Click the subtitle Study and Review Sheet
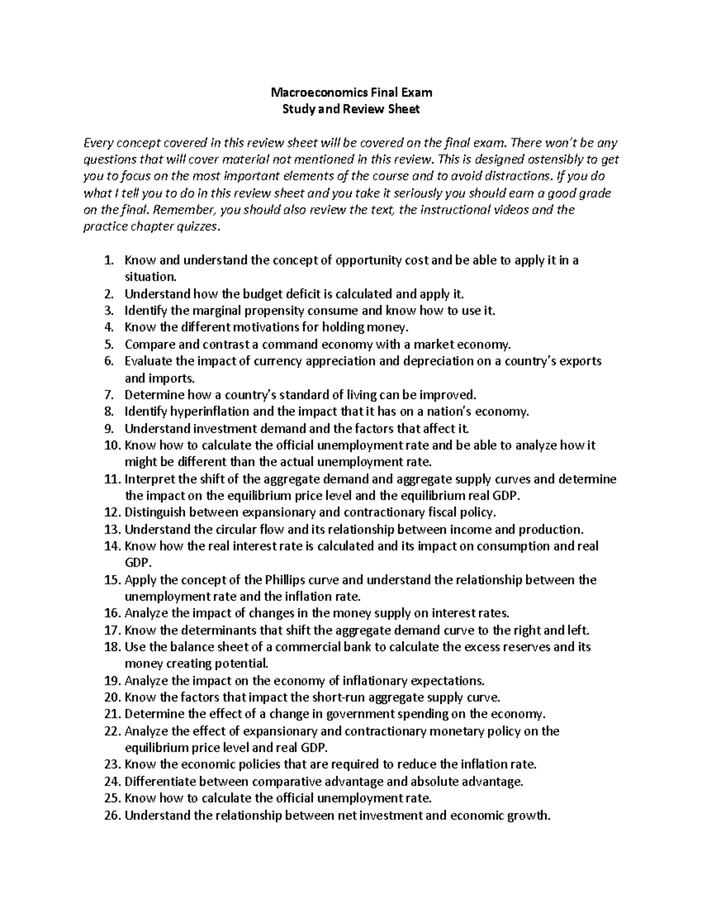click(x=351, y=109)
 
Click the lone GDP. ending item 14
click(x=138, y=563)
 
